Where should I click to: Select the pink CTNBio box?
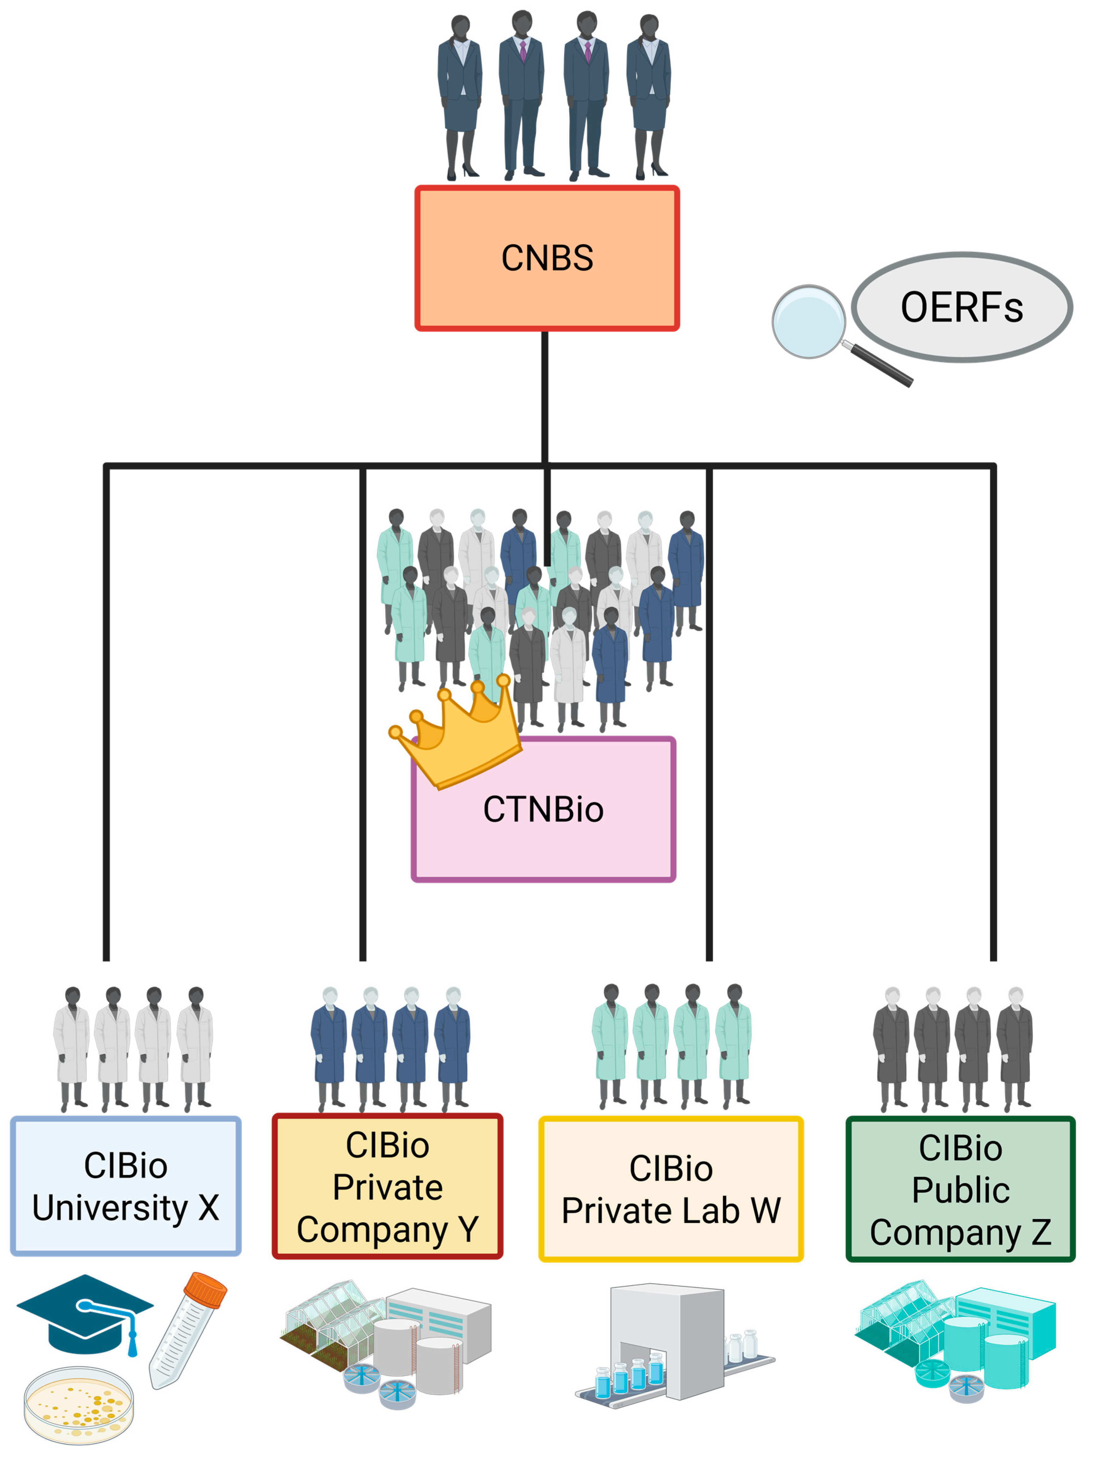[x=543, y=832]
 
